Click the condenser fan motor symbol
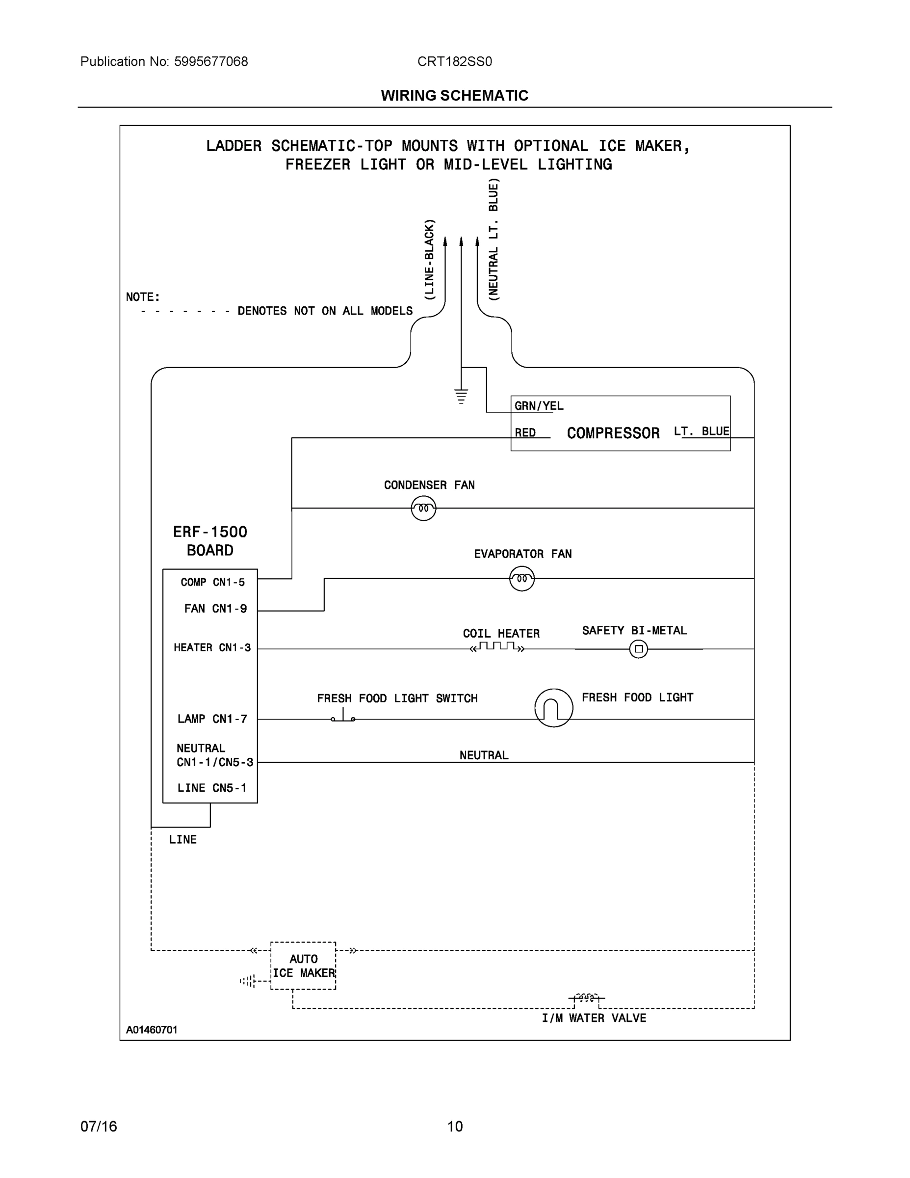point(423,508)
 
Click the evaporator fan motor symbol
point(522,579)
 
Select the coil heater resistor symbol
point(497,647)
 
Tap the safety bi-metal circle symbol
point(638,649)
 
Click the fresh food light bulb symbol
point(554,708)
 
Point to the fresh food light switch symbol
point(343,717)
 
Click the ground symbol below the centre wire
point(461,397)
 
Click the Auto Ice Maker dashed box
point(303,966)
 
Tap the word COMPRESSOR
point(613,433)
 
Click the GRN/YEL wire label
point(539,406)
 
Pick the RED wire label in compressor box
point(525,432)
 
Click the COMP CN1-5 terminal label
point(212,583)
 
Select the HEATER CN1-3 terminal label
point(212,648)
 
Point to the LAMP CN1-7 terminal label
point(212,719)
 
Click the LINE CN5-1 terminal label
point(211,788)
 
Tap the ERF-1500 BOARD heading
point(209,541)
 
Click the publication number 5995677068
point(211,61)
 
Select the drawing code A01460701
point(152,1030)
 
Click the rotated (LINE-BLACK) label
point(429,260)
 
